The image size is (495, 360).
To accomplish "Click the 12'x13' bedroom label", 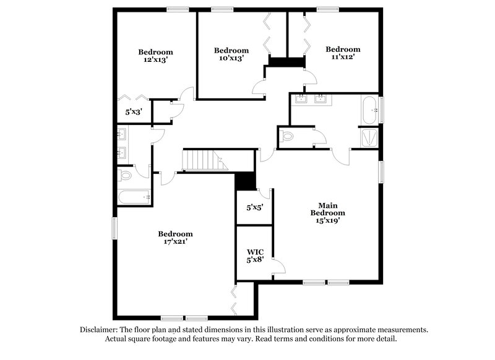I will [x=155, y=56].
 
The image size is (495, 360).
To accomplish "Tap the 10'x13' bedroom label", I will [x=231, y=54].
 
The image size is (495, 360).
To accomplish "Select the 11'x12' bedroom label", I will [x=343, y=53].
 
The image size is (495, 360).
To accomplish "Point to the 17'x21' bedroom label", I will [x=175, y=238].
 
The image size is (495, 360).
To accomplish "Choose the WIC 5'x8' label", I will [x=256, y=255].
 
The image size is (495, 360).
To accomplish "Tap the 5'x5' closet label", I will [x=255, y=208].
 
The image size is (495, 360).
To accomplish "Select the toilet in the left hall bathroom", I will [x=125, y=176].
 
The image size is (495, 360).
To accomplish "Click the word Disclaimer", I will [x=100, y=330].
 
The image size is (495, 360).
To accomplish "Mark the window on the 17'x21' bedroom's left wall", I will [x=114, y=228].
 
